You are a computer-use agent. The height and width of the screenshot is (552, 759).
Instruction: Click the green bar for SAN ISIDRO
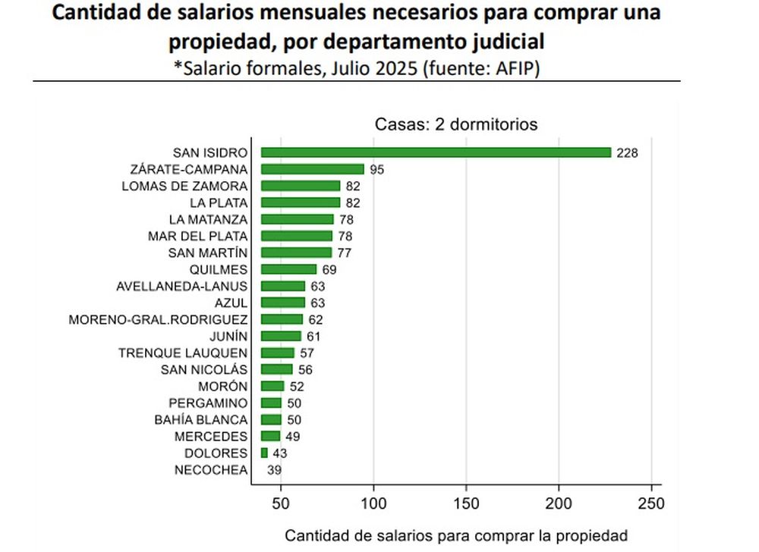pyautogui.click(x=436, y=152)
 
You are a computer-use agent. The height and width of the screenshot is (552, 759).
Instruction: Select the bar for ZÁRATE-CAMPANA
pyautogui.click(x=312, y=169)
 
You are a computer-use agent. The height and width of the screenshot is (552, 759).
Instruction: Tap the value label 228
pyautogui.click(x=627, y=153)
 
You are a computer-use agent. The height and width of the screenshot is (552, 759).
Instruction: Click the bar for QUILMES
pyautogui.click(x=288, y=269)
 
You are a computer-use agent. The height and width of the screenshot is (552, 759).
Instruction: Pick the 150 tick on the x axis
pyautogui.click(x=466, y=503)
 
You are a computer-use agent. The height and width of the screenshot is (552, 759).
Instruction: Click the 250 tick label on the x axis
pyautogui.click(x=651, y=503)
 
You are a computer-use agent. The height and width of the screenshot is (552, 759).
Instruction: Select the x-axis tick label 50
pyautogui.click(x=282, y=503)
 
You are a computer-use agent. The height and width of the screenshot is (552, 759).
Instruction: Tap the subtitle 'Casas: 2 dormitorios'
pyautogui.click(x=456, y=124)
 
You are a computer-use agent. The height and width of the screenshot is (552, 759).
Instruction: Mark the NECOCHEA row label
pyautogui.click(x=211, y=470)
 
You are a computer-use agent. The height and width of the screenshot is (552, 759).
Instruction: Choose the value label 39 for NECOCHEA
pyautogui.click(x=275, y=470)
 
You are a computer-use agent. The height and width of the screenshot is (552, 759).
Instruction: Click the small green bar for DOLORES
pyautogui.click(x=264, y=453)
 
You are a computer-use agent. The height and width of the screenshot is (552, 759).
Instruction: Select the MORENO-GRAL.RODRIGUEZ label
pyautogui.click(x=158, y=320)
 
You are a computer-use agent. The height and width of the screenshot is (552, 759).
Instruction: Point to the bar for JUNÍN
pyautogui.click(x=281, y=336)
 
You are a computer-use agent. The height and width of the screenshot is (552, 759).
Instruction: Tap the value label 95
pyautogui.click(x=376, y=170)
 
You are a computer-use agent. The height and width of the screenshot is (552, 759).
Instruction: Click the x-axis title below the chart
pyautogui.click(x=456, y=535)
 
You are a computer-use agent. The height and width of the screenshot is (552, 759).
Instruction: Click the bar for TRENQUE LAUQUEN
pyautogui.click(x=277, y=353)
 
